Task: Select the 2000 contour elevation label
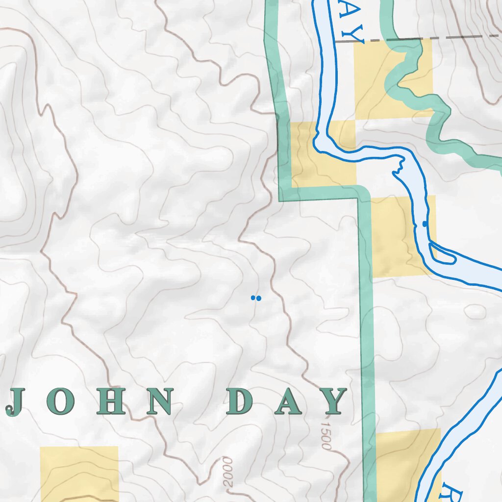click(227, 472)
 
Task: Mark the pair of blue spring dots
click(256, 298)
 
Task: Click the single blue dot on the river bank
click(425, 224)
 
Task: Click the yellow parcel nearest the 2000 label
click(79, 473)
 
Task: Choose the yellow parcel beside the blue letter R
click(402, 466)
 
